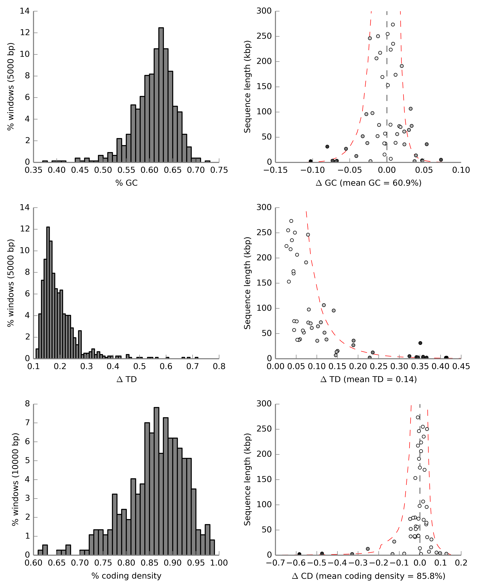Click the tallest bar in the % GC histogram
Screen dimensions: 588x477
click(161, 95)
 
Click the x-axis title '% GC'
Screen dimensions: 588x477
click(126, 183)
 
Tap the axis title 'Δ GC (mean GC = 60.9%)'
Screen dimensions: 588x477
click(368, 183)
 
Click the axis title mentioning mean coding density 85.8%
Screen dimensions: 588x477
click(368, 576)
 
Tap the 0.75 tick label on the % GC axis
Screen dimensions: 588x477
click(219, 170)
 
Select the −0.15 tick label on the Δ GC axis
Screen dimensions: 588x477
click(276, 170)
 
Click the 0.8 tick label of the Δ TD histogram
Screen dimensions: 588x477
click(219, 367)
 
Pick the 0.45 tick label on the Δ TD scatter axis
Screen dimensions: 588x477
click(461, 367)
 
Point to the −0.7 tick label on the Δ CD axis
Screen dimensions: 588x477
click(276, 563)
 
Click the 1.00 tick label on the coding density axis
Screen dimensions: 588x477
click(219, 563)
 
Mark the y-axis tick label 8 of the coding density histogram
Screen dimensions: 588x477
click(27, 404)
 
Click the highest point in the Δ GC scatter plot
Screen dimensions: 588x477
click(393, 24)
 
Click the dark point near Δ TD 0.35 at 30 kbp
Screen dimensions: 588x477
click(420, 343)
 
